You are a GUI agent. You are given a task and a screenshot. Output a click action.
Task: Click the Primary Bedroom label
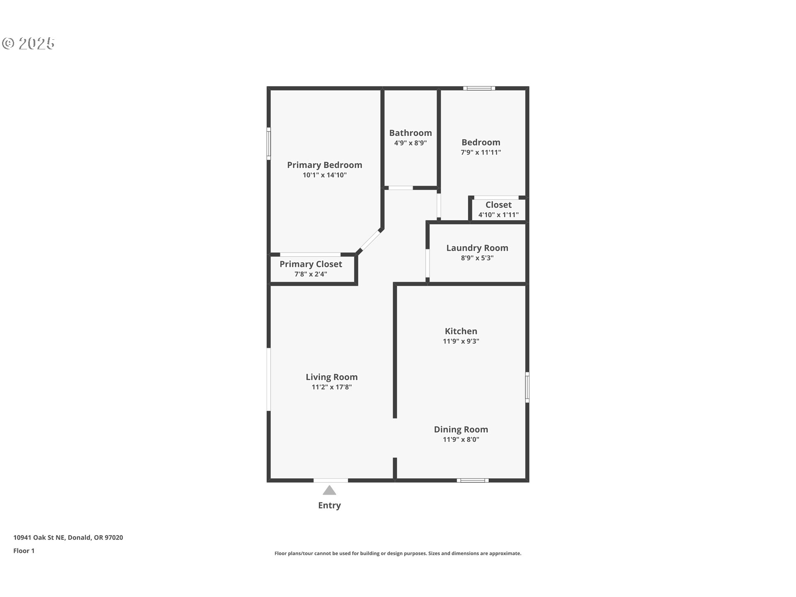(325, 165)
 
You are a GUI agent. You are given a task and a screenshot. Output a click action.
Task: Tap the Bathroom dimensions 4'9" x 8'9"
(410, 143)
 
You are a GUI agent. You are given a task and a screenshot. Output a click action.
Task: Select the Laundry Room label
(477, 248)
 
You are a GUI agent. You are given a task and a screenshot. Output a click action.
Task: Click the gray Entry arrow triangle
(330, 491)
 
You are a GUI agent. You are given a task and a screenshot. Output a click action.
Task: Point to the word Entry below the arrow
(330, 505)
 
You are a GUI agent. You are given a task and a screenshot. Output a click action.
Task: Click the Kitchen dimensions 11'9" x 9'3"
(461, 341)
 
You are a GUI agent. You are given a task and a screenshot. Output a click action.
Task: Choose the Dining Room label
(461, 430)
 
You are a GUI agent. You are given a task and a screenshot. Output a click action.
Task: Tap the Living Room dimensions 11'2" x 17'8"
(332, 387)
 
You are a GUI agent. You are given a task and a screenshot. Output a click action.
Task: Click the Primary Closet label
(311, 264)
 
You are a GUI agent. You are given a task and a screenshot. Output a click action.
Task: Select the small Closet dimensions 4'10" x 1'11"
(498, 215)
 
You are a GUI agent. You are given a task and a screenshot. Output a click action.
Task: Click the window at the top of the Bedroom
(479, 88)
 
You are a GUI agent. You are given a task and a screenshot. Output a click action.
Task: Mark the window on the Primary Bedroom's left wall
(269, 143)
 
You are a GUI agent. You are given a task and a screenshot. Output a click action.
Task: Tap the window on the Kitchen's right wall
(527, 387)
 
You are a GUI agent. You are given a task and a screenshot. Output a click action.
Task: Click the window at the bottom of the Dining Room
(473, 481)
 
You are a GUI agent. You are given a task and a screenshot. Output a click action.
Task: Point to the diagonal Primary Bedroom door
(370, 240)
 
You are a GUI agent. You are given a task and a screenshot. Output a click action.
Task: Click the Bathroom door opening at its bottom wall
(400, 188)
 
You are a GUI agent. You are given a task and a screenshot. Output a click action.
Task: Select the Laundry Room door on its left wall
(427, 263)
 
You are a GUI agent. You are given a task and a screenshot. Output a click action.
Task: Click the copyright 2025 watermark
(28, 43)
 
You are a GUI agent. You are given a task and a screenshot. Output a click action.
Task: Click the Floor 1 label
(24, 551)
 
